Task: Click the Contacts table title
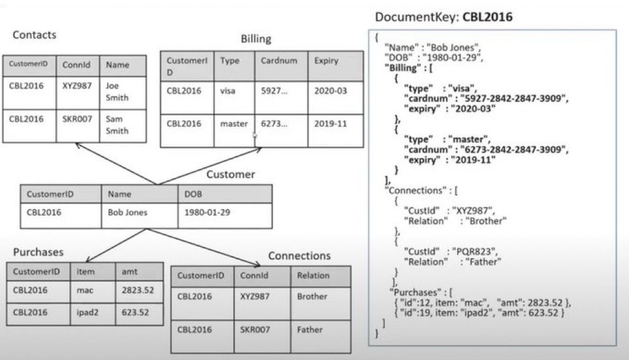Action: point(35,35)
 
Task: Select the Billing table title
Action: point(255,39)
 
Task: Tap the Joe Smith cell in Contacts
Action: point(118,91)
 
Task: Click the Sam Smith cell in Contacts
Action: point(118,125)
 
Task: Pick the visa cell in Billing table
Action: point(229,91)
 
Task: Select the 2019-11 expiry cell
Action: point(331,123)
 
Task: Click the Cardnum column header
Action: point(280,61)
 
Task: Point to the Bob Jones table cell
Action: point(128,212)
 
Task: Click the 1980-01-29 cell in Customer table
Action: point(207,212)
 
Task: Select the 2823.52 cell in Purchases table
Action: point(138,289)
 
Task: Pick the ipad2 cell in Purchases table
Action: point(90,312)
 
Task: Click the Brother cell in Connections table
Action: point(312,296)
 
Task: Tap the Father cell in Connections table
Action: point(310,329)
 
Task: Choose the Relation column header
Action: point(313,275)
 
